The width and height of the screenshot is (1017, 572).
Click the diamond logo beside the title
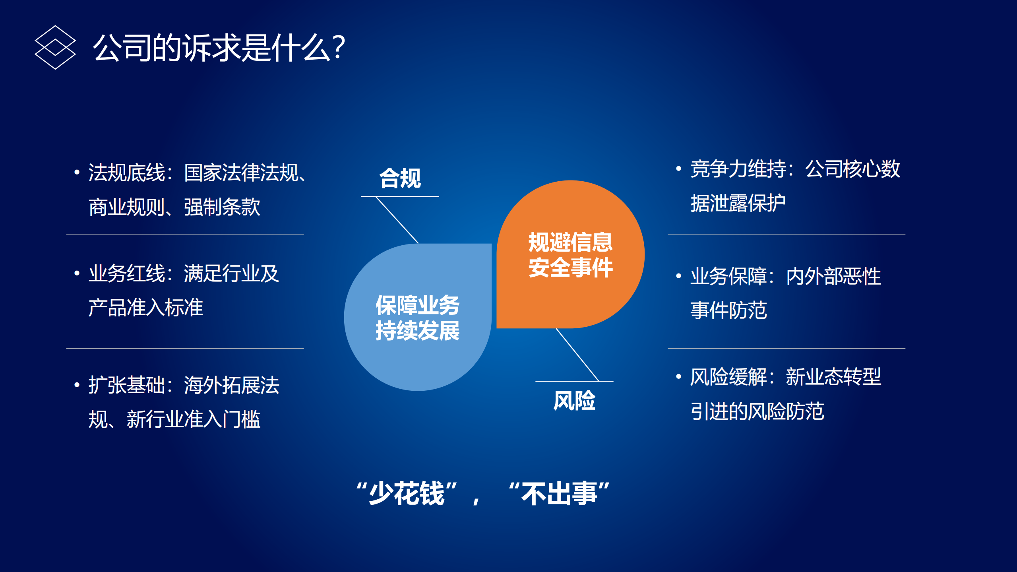tap(55, 47)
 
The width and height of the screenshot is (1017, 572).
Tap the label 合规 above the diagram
tap(400, 178)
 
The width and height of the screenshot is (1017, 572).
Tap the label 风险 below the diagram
tap(574, 400)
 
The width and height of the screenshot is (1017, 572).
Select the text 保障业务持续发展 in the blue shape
tap(417, 318)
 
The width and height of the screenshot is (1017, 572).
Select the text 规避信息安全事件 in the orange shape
tap(570, 255)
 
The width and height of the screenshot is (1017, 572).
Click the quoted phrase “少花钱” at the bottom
tap(407, 494)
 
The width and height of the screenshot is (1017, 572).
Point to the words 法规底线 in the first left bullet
tap(126, 173)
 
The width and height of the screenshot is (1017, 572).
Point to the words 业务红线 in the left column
tap(126, 274)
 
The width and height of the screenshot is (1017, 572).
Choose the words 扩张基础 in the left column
tap(126, 385)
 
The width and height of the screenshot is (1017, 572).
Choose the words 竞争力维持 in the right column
tap(738, 169)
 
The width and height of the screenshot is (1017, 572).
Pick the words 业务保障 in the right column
tap(728, 276)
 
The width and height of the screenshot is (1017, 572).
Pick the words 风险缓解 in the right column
tap(728, 377)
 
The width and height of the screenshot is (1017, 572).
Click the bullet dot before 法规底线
tap(77, 173)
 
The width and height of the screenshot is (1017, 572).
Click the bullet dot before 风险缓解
tap(679, 376)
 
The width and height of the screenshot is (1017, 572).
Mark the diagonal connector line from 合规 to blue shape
tap(397, 220)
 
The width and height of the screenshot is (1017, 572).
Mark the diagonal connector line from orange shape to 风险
tap(577, 355)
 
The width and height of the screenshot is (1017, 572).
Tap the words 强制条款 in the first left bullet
tap(222, 207)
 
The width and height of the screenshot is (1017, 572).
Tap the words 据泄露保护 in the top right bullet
tap(738, 204)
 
